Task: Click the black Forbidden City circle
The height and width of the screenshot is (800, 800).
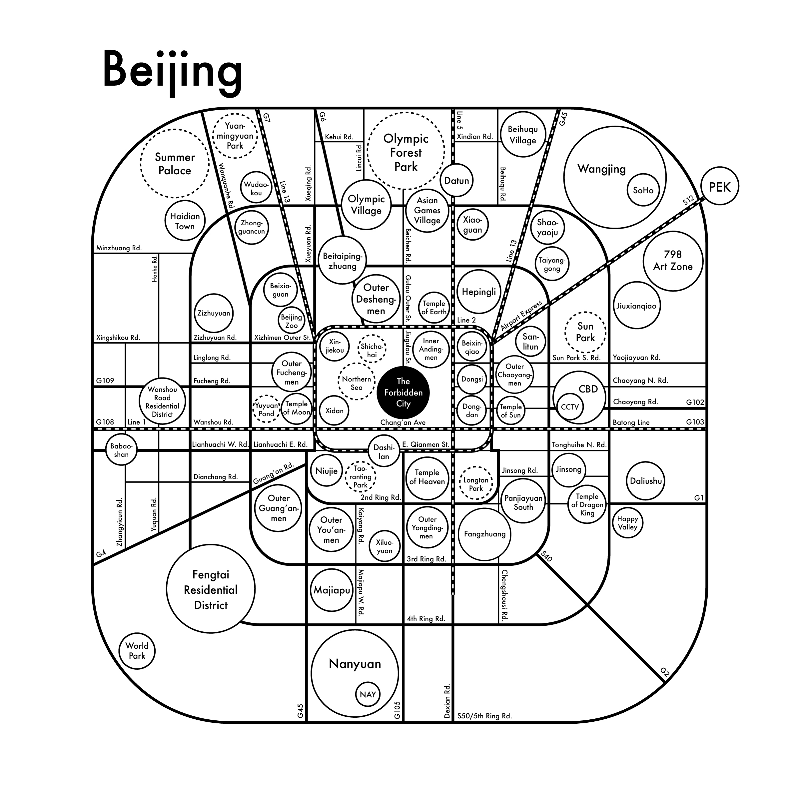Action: tap(403, 393)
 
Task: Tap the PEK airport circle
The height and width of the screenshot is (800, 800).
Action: tap(720, 187)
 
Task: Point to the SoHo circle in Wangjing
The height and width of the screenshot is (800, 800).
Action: tap(643, 190)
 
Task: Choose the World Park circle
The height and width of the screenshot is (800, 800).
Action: tap(137, 650)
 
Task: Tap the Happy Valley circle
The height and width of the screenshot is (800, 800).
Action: tap(627, 523)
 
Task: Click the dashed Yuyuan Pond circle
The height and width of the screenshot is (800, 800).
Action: tap(267, 409)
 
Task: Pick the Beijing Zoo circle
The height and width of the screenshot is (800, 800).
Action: tap(291, 321)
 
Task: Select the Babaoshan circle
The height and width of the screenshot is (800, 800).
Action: tap(121, 450)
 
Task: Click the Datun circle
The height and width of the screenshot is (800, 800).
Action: tap(456, 181)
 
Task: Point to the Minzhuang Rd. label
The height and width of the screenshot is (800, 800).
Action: tap(119, 248)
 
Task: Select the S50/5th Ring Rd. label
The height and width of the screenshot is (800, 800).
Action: tap(484, 716)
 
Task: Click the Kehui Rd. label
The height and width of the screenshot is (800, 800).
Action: tap(339, 137)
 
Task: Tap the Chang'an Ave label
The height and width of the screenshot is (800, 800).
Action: tap(403, 422)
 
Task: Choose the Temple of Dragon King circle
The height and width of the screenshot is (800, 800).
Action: tap(587, 504)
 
